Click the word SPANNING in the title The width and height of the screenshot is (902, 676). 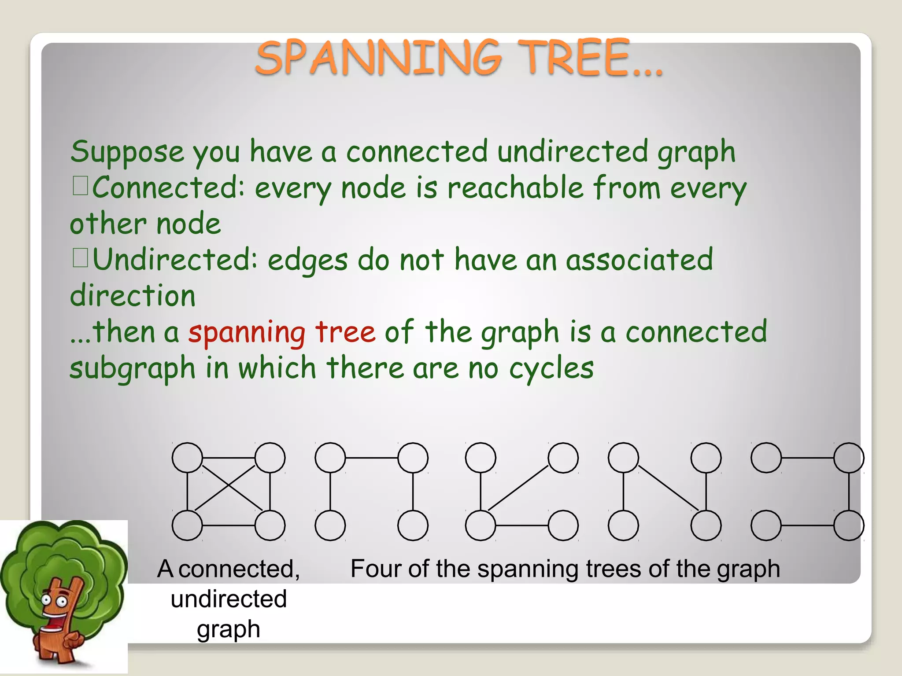(x=379, y=58)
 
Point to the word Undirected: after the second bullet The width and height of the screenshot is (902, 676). (x=174, y=260)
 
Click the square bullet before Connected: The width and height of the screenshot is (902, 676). (x=81, y=186)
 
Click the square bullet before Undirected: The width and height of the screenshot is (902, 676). (x=81, y=258)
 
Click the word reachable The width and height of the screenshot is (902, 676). (x=515, y=188)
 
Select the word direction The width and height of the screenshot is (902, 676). (x=133, y=296)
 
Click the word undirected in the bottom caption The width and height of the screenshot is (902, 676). (x=229, y=599)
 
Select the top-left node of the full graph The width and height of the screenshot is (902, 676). (x=187, y=458)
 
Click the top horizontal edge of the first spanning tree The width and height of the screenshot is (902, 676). (x=371, y=458)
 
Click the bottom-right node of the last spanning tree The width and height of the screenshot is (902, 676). (x=849, y=525)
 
